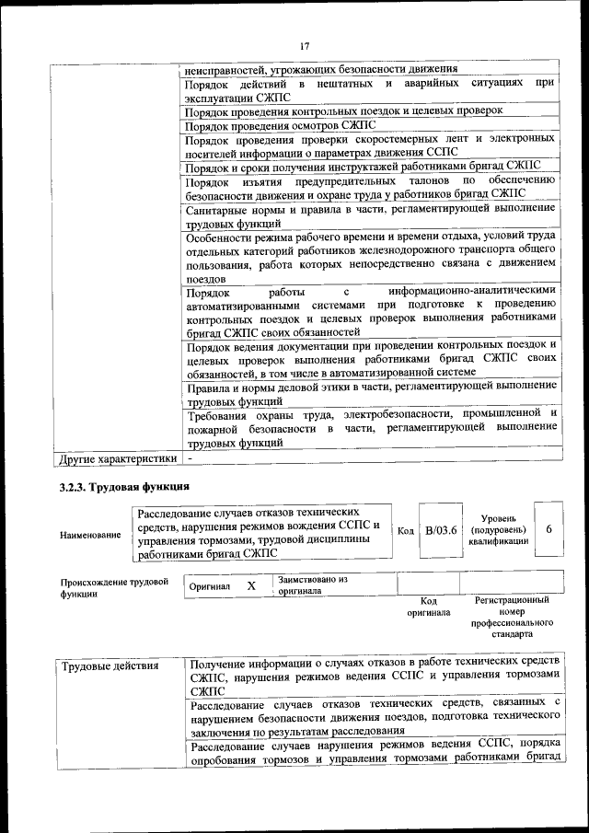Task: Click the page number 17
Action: (304, 46)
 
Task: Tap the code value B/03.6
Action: (441, 531)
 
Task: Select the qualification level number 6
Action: (549, 530)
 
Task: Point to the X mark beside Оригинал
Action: (251, 585)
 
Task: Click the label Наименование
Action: (90, 534)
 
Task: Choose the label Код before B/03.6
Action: (405, 531)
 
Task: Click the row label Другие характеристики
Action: (116, 457)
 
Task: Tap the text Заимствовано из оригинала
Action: (312, 585)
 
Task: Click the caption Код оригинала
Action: (428, 607)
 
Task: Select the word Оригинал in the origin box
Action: (208, 586)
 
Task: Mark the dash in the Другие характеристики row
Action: (190, 457)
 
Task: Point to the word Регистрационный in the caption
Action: (512, 599)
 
